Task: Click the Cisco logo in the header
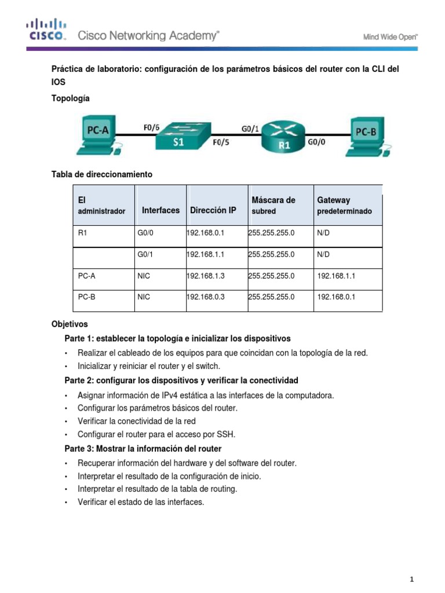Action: [45, 30]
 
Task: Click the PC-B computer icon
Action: [366, 136]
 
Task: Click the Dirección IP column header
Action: [213, 210]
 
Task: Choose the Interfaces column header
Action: [161, 210]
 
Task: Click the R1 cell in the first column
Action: [85, 232]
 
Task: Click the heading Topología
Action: [71, 99]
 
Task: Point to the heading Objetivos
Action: [70, 324]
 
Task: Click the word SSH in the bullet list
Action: [228, 434]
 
